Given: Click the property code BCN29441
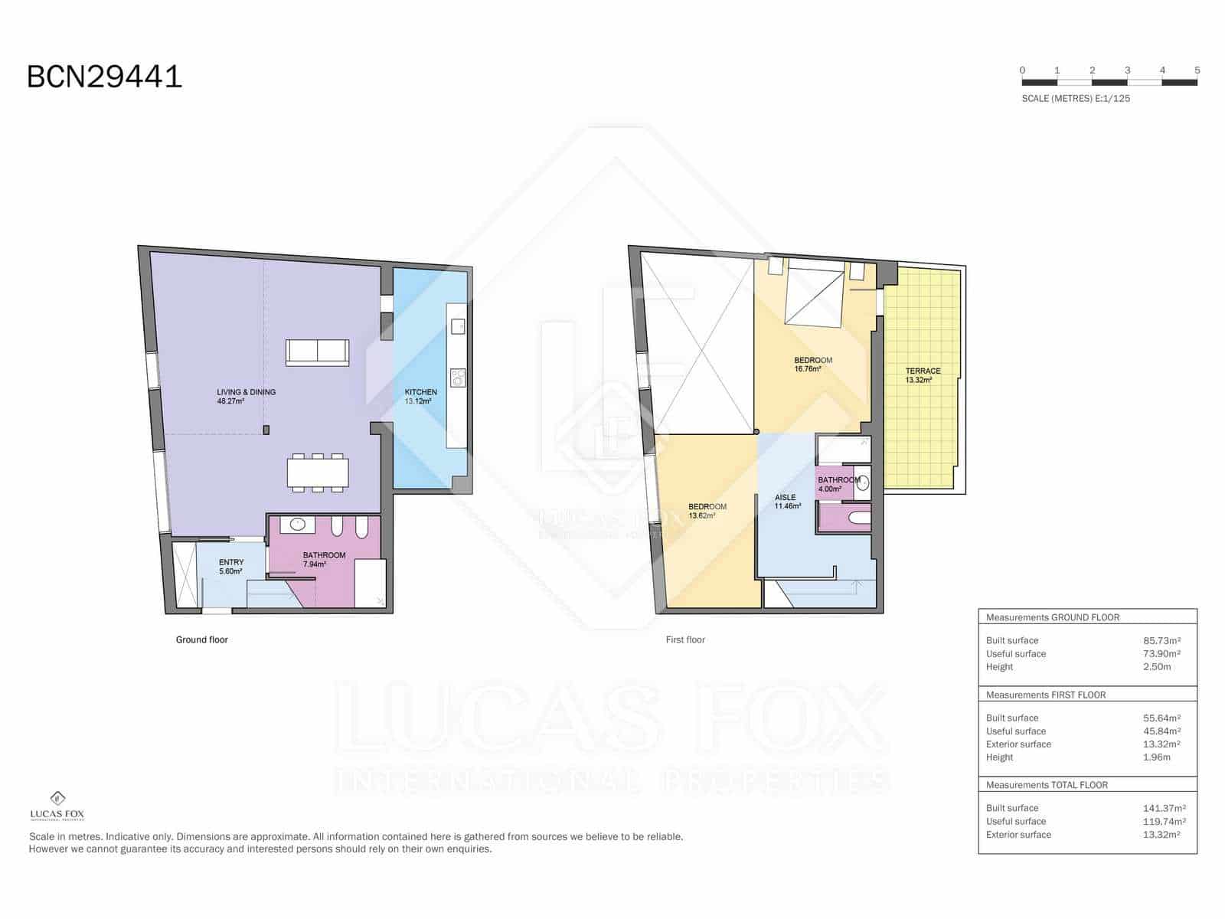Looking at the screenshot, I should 104,77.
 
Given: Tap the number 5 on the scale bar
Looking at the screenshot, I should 1197,70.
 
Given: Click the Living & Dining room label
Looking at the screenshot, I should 245,396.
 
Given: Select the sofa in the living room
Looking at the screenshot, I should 317,352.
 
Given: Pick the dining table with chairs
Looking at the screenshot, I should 318,473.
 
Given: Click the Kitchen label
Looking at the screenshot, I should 420,396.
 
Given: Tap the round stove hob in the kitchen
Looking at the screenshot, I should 458,378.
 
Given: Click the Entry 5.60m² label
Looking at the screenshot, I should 230,567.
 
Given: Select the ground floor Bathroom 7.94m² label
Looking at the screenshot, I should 324,559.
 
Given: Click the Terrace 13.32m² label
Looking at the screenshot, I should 922,375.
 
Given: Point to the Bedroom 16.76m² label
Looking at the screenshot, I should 812,365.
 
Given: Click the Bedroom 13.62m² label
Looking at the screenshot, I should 707,511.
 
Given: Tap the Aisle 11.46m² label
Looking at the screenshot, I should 786,502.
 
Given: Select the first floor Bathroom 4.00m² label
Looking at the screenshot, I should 838,484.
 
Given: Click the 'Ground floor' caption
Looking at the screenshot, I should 201,639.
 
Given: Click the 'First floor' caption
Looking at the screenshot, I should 685,639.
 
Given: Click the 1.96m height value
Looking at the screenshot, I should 1156,757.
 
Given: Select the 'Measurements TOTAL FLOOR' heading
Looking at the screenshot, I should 1046,785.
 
